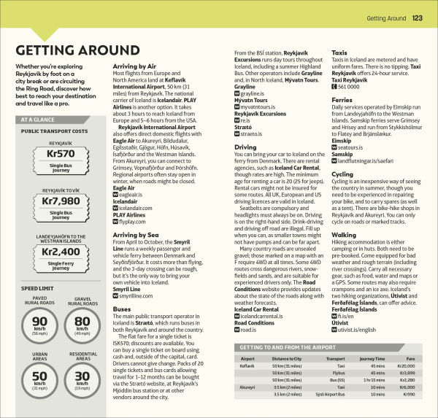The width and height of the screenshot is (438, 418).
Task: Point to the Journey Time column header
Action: pyautogui.click(x=372, y=359)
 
